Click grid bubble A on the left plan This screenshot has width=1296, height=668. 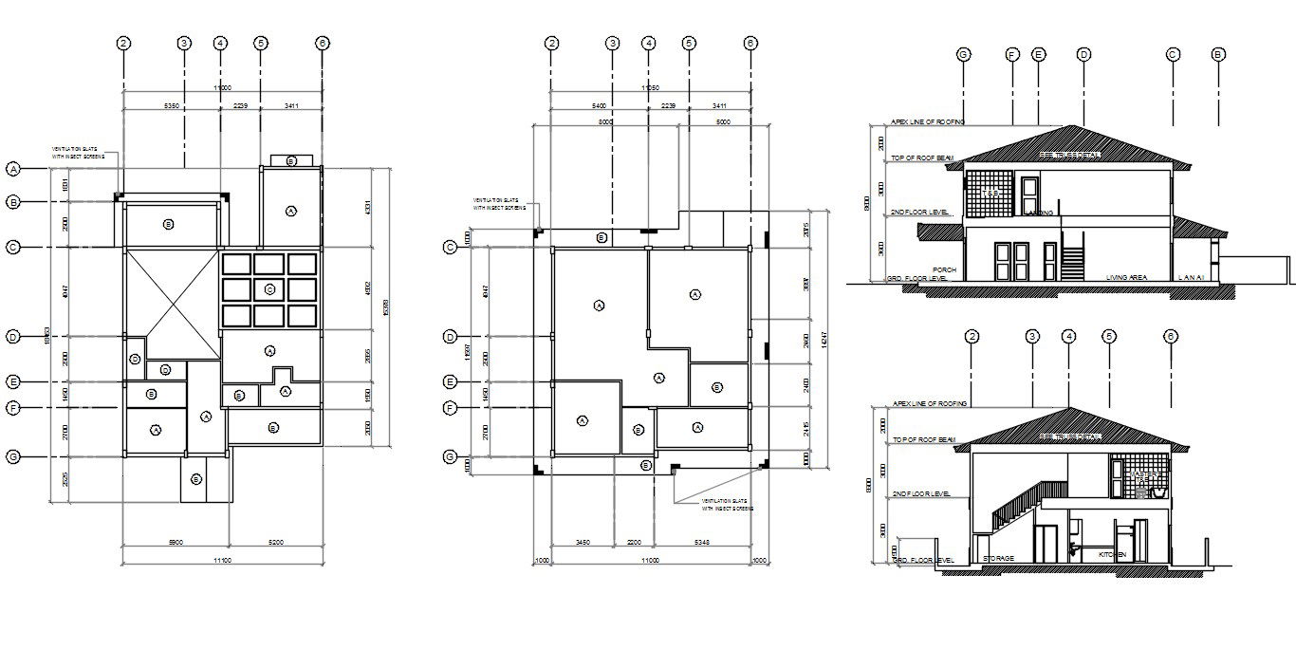click(13, 169)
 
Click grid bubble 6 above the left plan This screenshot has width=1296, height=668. click(323, 43)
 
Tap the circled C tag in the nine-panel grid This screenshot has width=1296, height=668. click(269, 288)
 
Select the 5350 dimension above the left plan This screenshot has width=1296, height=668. click(172, 106)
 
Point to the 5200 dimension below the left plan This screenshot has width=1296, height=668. click(274, 542)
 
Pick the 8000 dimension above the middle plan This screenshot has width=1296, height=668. click(605, 122)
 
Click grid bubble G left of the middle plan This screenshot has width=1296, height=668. click(451, 457)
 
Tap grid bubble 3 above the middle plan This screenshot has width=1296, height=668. click(613, 43)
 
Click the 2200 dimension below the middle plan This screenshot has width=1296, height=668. click(635, 542)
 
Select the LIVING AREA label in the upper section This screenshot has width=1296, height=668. click(1126, 278)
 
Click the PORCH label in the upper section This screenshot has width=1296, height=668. click(944, 269)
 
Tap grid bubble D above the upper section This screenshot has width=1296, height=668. click(1083, 55)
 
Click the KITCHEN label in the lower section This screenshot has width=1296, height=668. click(1112, 554)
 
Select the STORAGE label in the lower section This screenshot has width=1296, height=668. click(998, 559)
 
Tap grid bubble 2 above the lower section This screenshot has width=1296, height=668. click(972, 337)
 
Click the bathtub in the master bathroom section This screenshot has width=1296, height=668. click(1157, 493)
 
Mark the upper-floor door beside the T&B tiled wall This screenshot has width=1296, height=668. click(1029, 195)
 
